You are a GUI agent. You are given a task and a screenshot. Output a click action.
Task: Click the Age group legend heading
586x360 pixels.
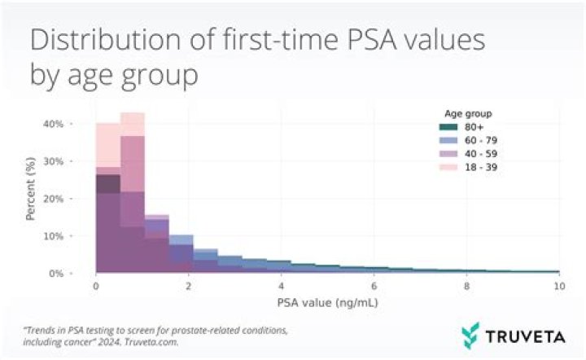tap(469, 112)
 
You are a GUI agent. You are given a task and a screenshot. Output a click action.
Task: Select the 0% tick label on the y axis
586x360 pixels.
tap(55, 274)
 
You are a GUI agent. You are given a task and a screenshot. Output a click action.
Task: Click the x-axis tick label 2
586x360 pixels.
tap(189, 288)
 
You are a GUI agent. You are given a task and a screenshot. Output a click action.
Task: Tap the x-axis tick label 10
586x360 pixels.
tap(558, 288)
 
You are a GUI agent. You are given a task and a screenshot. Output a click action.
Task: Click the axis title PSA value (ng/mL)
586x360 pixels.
tap(327, 304)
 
